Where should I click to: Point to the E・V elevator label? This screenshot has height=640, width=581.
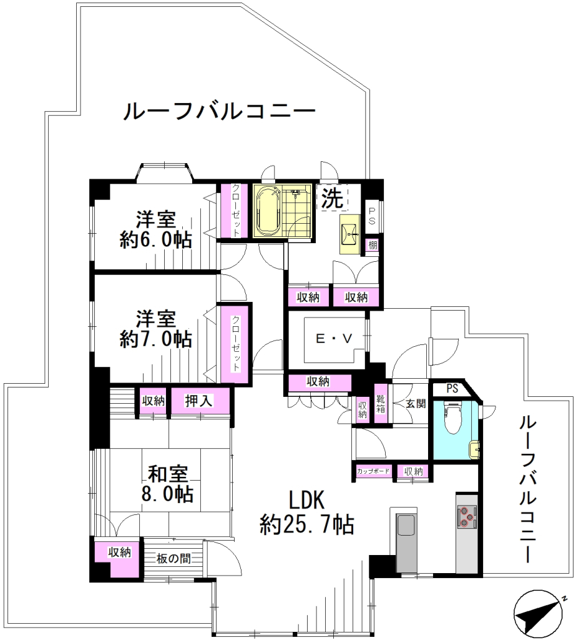[334, 339]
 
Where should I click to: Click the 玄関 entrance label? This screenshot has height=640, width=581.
[416, 403]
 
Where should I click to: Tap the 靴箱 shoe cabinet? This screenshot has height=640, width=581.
[381, 404]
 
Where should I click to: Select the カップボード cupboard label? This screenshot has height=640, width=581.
[373, 471]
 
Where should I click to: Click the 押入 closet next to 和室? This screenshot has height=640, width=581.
[200, 401]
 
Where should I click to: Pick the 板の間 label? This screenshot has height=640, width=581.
[173, 558]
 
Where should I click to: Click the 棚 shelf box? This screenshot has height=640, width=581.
[373, 245]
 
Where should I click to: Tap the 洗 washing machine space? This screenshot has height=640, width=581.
[333, 199]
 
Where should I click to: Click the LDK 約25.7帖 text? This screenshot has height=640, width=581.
[307, 512]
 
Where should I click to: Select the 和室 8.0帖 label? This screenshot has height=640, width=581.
[167, 484]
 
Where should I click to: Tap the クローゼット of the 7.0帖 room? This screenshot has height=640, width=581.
[235, 344]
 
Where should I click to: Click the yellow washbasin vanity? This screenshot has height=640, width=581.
[350, 234]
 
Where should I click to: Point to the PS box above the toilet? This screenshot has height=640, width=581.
[451, 389]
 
